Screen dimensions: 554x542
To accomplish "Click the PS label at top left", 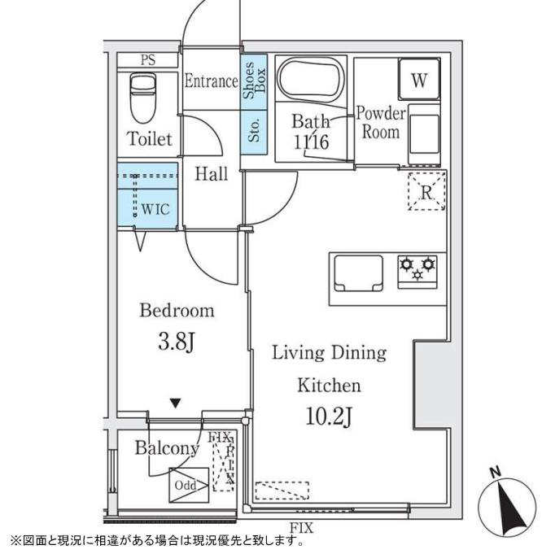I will (147, 60).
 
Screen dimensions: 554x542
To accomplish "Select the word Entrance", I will (210, 81).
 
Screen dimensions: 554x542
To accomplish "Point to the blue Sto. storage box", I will (252, 129).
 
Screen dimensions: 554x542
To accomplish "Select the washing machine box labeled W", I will (418, 81).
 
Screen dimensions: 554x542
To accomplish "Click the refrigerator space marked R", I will (426, 192).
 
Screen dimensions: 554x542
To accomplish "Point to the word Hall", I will (212, 173).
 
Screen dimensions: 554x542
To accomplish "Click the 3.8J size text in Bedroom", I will (176, 342).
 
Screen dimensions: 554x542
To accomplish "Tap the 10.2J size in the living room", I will (328, 418).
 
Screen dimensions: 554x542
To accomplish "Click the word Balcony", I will (167, 448).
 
